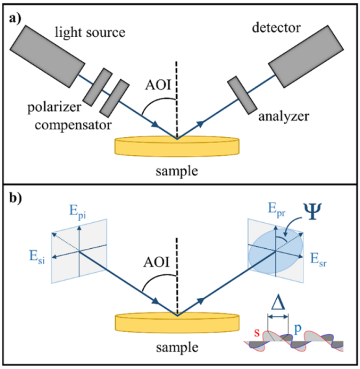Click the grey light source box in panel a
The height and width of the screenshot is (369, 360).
(x=47, y=57)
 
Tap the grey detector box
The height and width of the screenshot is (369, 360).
(x=306, y=57)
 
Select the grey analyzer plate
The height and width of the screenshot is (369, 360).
(x=242, y=95)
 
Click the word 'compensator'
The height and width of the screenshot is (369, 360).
(x=73, y=125)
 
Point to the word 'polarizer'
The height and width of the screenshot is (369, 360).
(x=54, y=108)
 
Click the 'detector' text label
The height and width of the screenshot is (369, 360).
(x=276, y=28)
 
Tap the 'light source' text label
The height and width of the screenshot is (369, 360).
(x=90, y=32)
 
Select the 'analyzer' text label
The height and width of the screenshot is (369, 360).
(x=284, y=117)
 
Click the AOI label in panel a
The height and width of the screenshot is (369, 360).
(x=158, y=84)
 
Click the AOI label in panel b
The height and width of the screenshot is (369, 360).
(x=157, y=262)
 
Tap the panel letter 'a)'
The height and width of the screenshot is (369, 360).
(x=16, y=19)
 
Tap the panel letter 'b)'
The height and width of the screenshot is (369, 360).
(x=16, y=198)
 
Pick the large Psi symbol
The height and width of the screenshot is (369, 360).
(x=313, y=211)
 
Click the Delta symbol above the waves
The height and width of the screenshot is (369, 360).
(x=278, y=302)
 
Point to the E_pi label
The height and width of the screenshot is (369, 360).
(x=77, y=211)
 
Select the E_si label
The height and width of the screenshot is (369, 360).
(x=37, y=257)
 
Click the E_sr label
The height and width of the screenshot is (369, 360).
(x=318, y=260)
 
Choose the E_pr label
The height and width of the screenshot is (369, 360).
(x=277, y=209)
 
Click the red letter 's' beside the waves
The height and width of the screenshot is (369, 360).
(x=257, y=333)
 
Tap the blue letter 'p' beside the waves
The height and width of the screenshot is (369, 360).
(x=298, y=329)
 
